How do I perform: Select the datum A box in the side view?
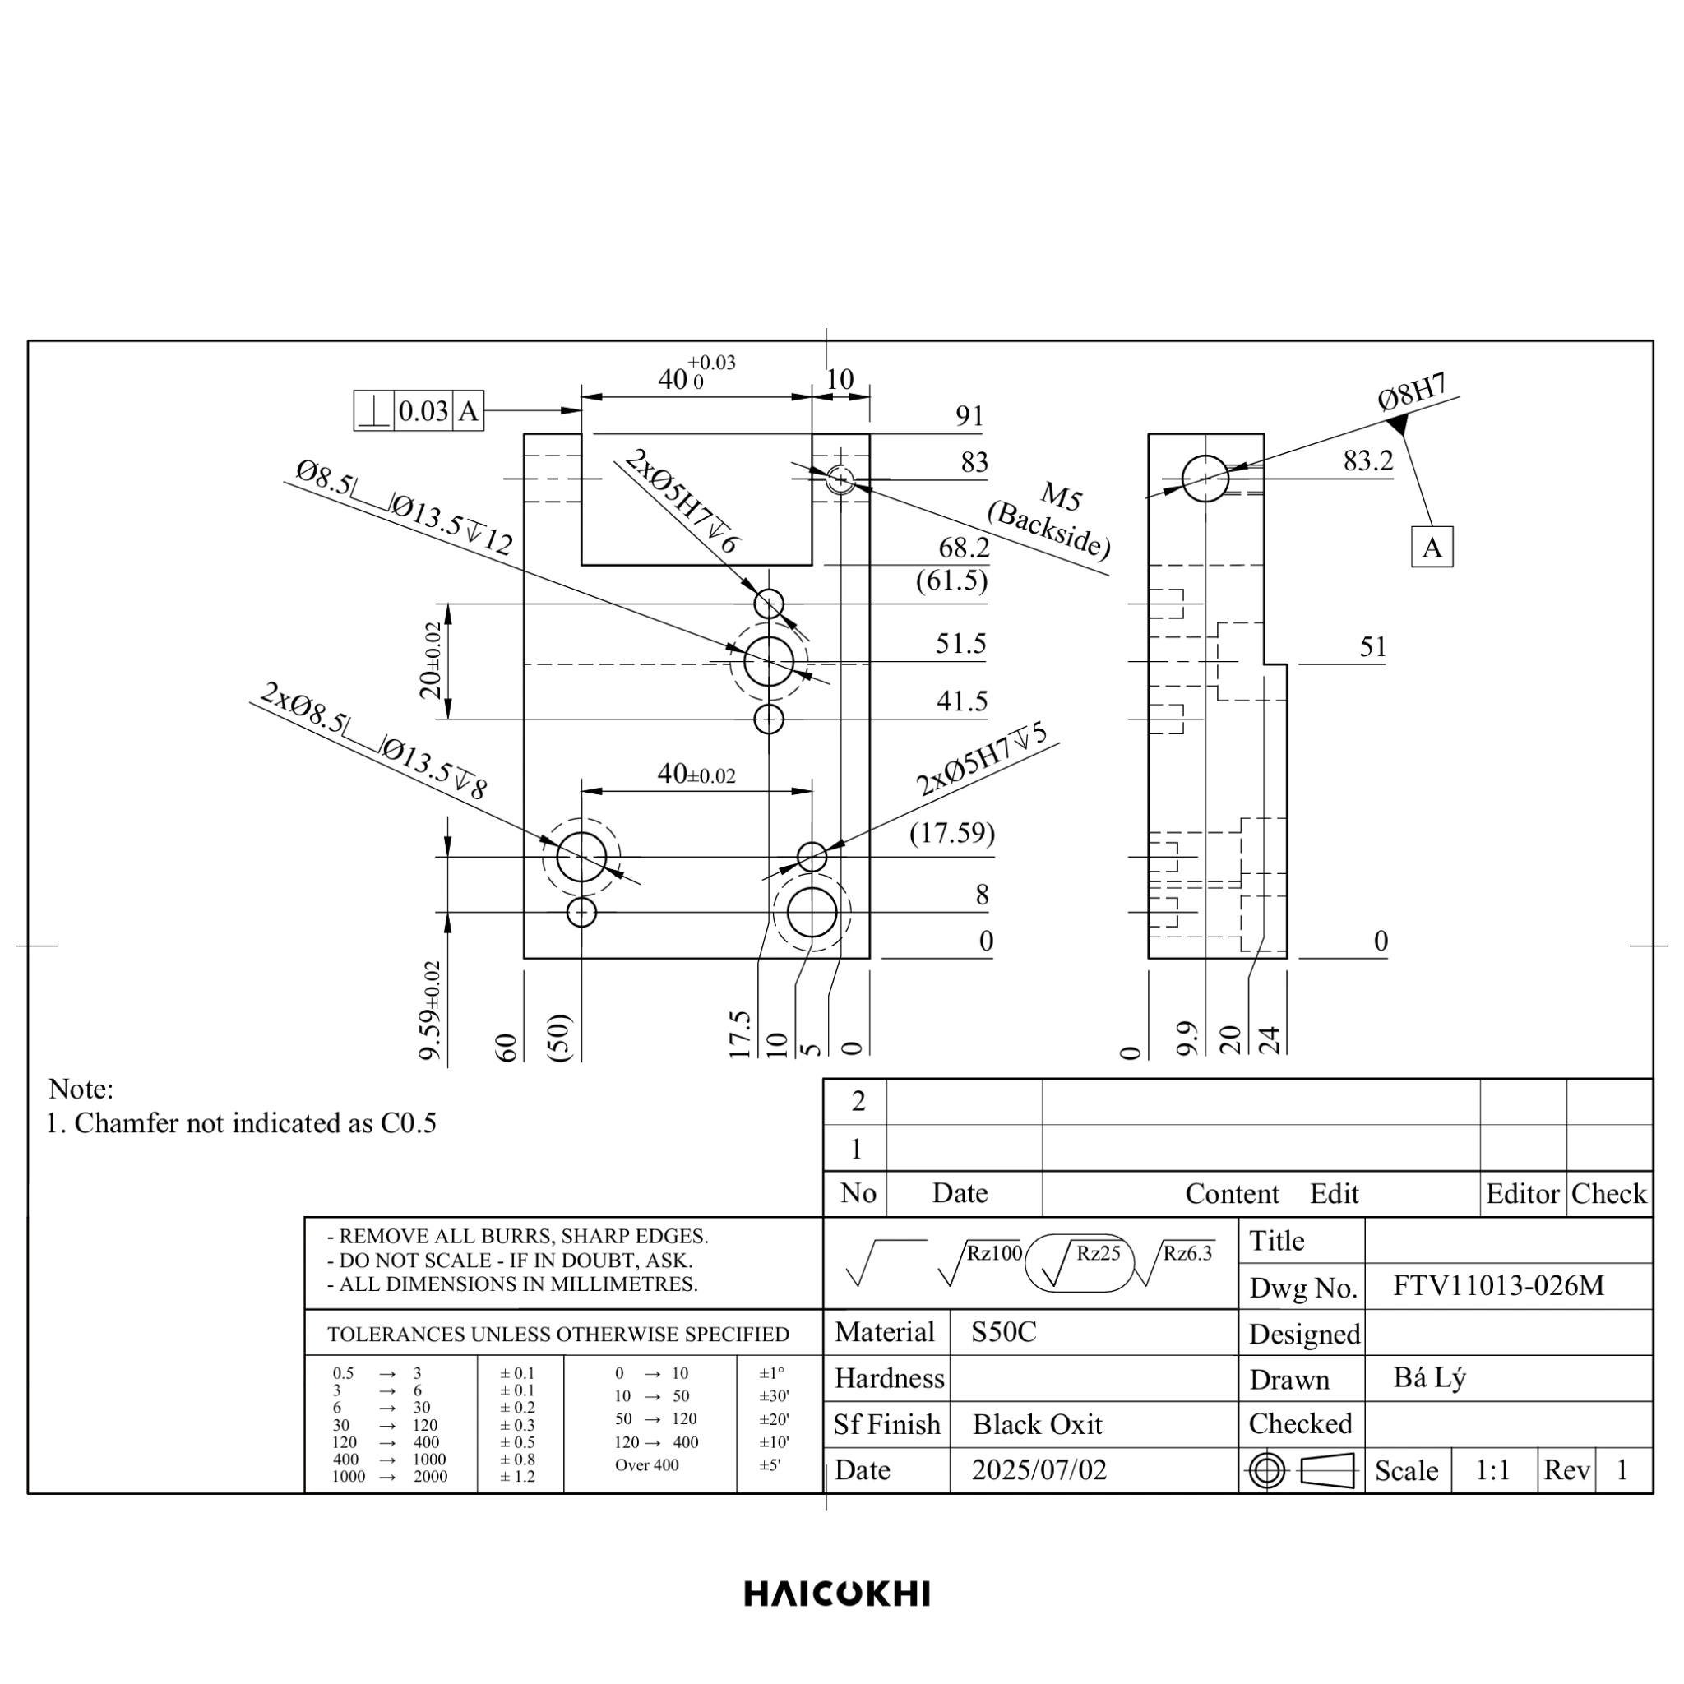[1432, 548]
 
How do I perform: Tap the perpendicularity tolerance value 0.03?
[423, 410]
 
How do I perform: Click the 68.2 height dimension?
[964, 548]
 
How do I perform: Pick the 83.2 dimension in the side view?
[1368, 460]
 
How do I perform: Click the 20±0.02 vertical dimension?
[431, 661]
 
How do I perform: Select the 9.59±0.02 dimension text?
[431, 1011]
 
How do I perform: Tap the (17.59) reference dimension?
[952, 833]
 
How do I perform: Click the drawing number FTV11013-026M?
[1498, 1286]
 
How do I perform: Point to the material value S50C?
[1004, 1332]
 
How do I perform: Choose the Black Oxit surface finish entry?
[1037, 1424]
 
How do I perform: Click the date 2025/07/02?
[1039, 1469]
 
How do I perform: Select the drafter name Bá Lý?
[1429, 1378]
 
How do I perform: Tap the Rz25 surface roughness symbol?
[1080, 1263]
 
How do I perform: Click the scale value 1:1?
[1492, 1470]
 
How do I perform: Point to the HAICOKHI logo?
[837, 1594]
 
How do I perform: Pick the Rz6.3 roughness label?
[1187, 1253]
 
